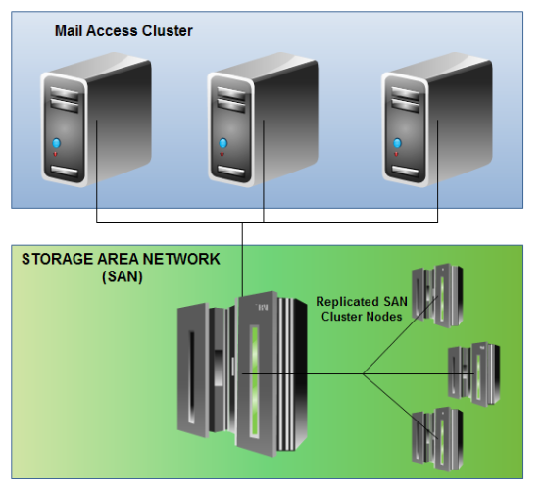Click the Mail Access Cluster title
click(123, 30)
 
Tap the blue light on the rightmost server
click(397, 146)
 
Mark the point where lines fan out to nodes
click(364, 373)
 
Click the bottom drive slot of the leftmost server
click(64, 173)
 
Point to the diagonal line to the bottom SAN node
click(392, 402)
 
